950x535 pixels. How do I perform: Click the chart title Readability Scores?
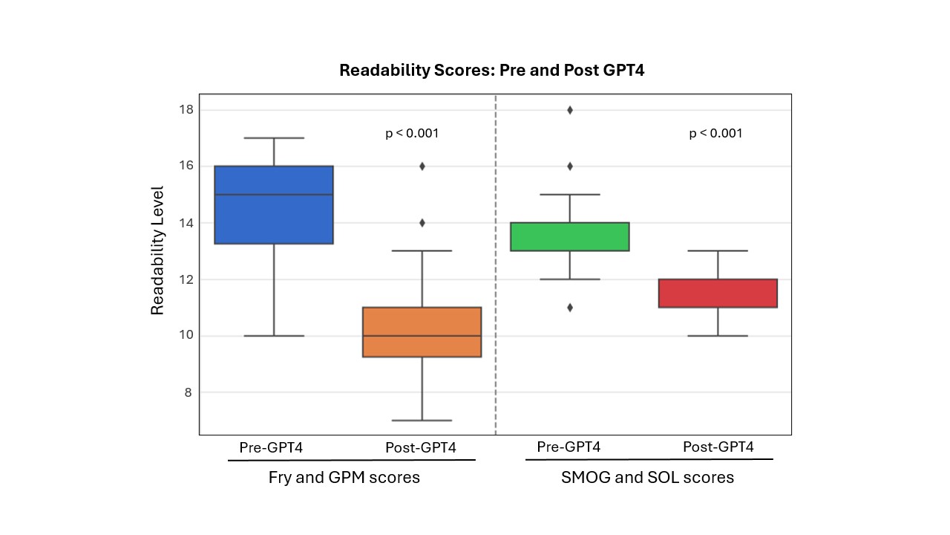coord(491,71)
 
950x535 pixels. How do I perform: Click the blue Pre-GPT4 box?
coord(274,215)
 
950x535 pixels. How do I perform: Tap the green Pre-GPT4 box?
coord(570,236)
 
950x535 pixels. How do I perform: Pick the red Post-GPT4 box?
coord(718,293)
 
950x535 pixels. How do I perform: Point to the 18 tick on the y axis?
coord(186,110)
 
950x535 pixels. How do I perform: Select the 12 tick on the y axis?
coord(186,279)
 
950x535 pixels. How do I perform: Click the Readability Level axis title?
coord(157,251)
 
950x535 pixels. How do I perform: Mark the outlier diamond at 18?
coord(570,110)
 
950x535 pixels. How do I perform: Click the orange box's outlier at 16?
coord(422,166)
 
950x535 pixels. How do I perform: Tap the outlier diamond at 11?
coord(570,308)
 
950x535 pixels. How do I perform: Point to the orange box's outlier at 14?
coord(422,223)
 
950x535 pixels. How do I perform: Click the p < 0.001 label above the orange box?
coord(412,134)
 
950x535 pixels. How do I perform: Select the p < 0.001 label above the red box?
coord(715,134)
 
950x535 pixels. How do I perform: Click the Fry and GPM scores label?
coord(344,478)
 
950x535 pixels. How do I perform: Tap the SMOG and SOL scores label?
coord(647,478)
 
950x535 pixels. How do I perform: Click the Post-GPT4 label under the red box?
coord(718,447)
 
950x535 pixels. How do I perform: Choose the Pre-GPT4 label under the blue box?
coord(271,448)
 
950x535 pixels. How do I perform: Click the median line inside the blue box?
coord(274,195)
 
